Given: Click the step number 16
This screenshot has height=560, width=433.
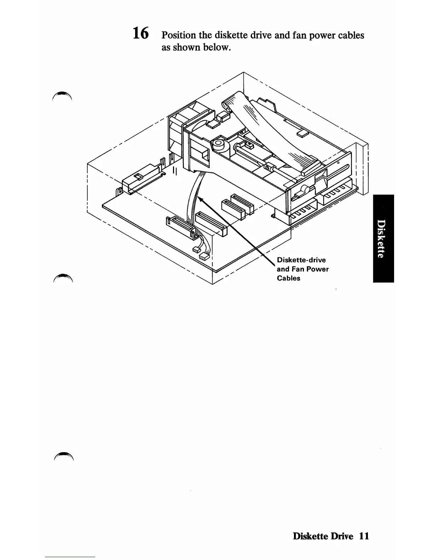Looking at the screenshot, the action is click(x=141, y=34).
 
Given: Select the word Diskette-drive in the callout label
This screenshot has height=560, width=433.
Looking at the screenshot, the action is click(x=301, y=260).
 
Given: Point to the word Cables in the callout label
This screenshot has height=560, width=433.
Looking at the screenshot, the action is click(x=288, y=278).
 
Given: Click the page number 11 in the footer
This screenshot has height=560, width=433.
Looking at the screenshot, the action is click(x=364, y=536).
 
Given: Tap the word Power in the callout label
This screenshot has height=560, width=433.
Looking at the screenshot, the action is click(x=317, y=269).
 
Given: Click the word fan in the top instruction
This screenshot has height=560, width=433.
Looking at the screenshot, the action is click(x=299, y=35).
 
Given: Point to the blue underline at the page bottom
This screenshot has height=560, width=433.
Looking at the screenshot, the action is click(x=70, y=557).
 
